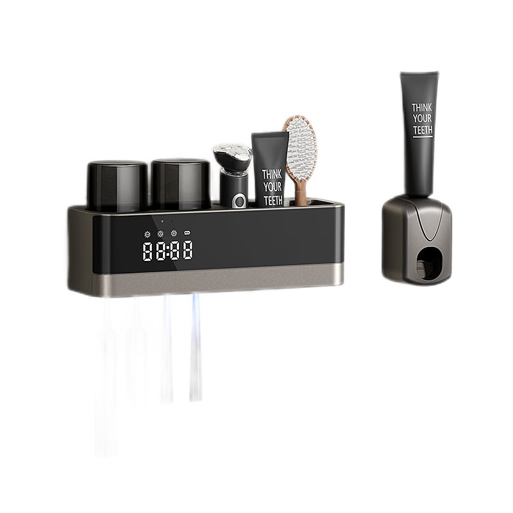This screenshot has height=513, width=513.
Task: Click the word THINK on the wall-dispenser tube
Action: pyautogui.click(x=421, y=107)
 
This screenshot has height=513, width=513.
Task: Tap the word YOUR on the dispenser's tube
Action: pyautogui.click(x=422, y=119)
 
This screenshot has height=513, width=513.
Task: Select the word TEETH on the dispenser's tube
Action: pyautogui.click(x=423, y=130)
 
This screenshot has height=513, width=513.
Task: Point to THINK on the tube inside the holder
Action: pyautogui.click(x=271, y=174)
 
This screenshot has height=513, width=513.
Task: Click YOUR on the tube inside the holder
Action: pyautogui.click(x=273, y=187)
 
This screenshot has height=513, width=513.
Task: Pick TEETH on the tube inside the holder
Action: pyautogui.click(x=273, y=200)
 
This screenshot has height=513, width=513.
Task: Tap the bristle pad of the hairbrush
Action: pyautogui.click(x=301, y=144)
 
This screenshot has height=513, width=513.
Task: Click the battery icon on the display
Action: pyautogui.click(x=187, y=233)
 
